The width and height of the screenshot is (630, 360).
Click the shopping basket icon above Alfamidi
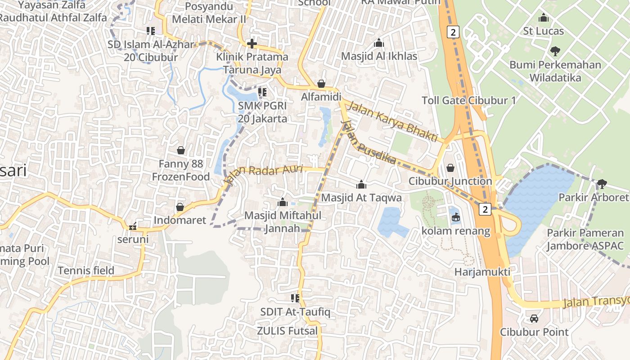321,84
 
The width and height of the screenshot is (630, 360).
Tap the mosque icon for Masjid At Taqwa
361,184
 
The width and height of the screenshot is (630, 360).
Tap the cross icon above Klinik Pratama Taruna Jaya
252,44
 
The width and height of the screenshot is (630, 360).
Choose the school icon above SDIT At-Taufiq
295,298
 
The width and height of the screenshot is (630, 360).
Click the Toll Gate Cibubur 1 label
469,100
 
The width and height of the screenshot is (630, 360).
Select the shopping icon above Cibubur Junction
450,168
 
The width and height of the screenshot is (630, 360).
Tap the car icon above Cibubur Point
534,319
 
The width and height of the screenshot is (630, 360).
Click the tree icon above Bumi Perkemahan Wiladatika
555,51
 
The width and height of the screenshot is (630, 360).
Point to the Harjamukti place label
482,272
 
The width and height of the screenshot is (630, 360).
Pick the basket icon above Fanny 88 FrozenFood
181,150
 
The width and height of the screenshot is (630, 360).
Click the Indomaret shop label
180,220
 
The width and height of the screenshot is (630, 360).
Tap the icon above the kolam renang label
456,218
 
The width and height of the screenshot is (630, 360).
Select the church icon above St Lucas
544,18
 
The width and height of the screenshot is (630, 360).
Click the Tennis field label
86,270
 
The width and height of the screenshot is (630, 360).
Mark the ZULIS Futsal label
287,331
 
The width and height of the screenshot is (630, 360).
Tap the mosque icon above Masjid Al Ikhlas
379,43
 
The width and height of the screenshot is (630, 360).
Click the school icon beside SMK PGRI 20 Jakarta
262,92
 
